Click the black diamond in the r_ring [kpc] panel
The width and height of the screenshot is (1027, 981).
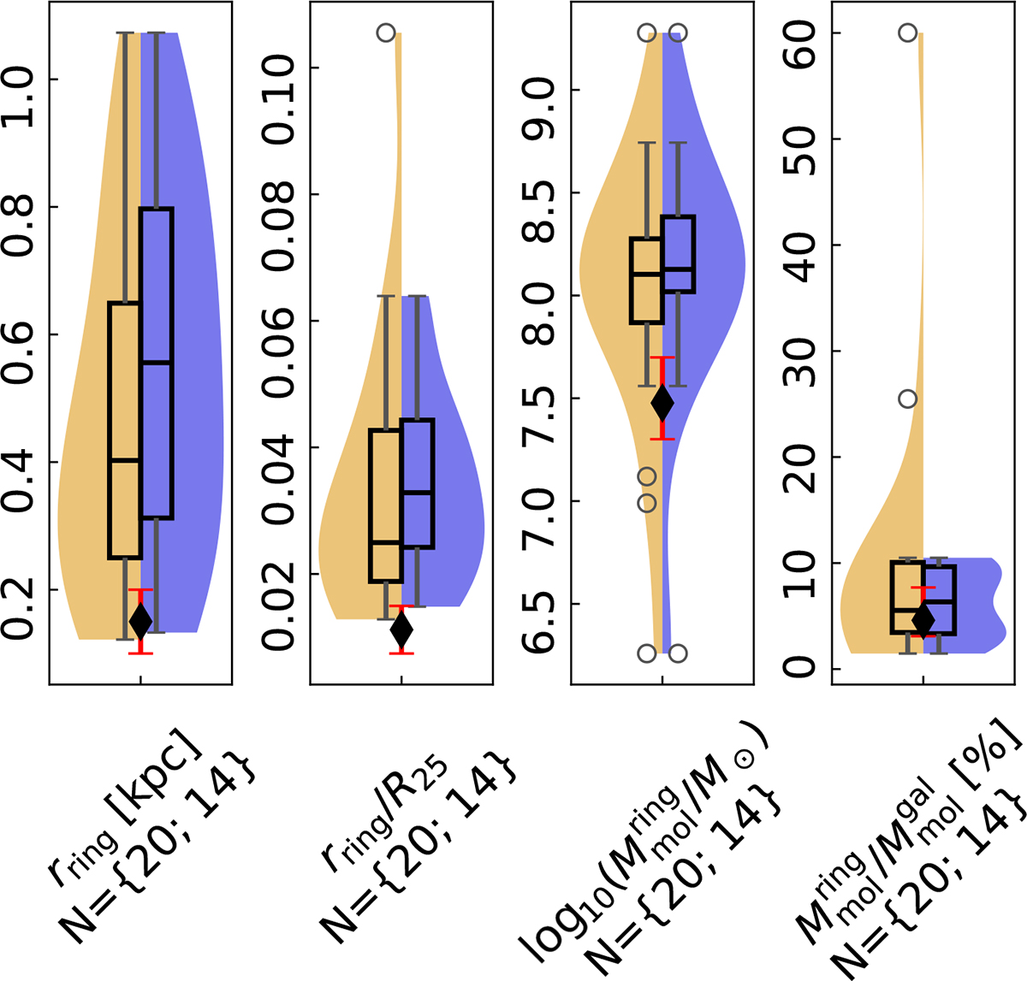pos(140,620)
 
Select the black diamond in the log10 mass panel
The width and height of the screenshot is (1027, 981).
pos(662,402)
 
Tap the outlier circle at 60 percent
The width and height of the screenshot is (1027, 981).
pos(907,33)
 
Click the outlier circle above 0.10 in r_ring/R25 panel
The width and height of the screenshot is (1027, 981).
pos(386,33)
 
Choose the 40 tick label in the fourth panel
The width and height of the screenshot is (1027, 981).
pos(803,245)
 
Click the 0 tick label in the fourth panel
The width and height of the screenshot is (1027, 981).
pos(803,667)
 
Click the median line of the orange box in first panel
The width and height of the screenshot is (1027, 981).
pos(125,460)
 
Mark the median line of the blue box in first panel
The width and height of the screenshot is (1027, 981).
pos(157,363)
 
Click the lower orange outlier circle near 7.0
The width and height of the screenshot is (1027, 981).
pos(647,503)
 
